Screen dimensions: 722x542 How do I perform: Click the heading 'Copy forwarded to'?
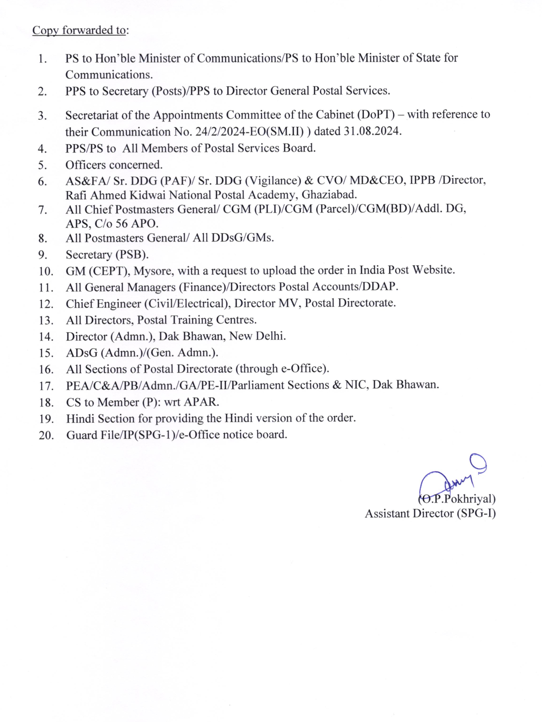pos(79,30)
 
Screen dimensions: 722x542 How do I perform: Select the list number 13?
pos(46,320)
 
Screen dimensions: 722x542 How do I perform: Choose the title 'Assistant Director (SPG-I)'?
pos(430,513)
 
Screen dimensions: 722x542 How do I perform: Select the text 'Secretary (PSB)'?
pos(107,254)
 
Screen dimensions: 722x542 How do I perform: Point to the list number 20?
pos(46,435)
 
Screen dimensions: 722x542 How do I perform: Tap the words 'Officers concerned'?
pos(114,165)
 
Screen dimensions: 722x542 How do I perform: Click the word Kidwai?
pos(147,195)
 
